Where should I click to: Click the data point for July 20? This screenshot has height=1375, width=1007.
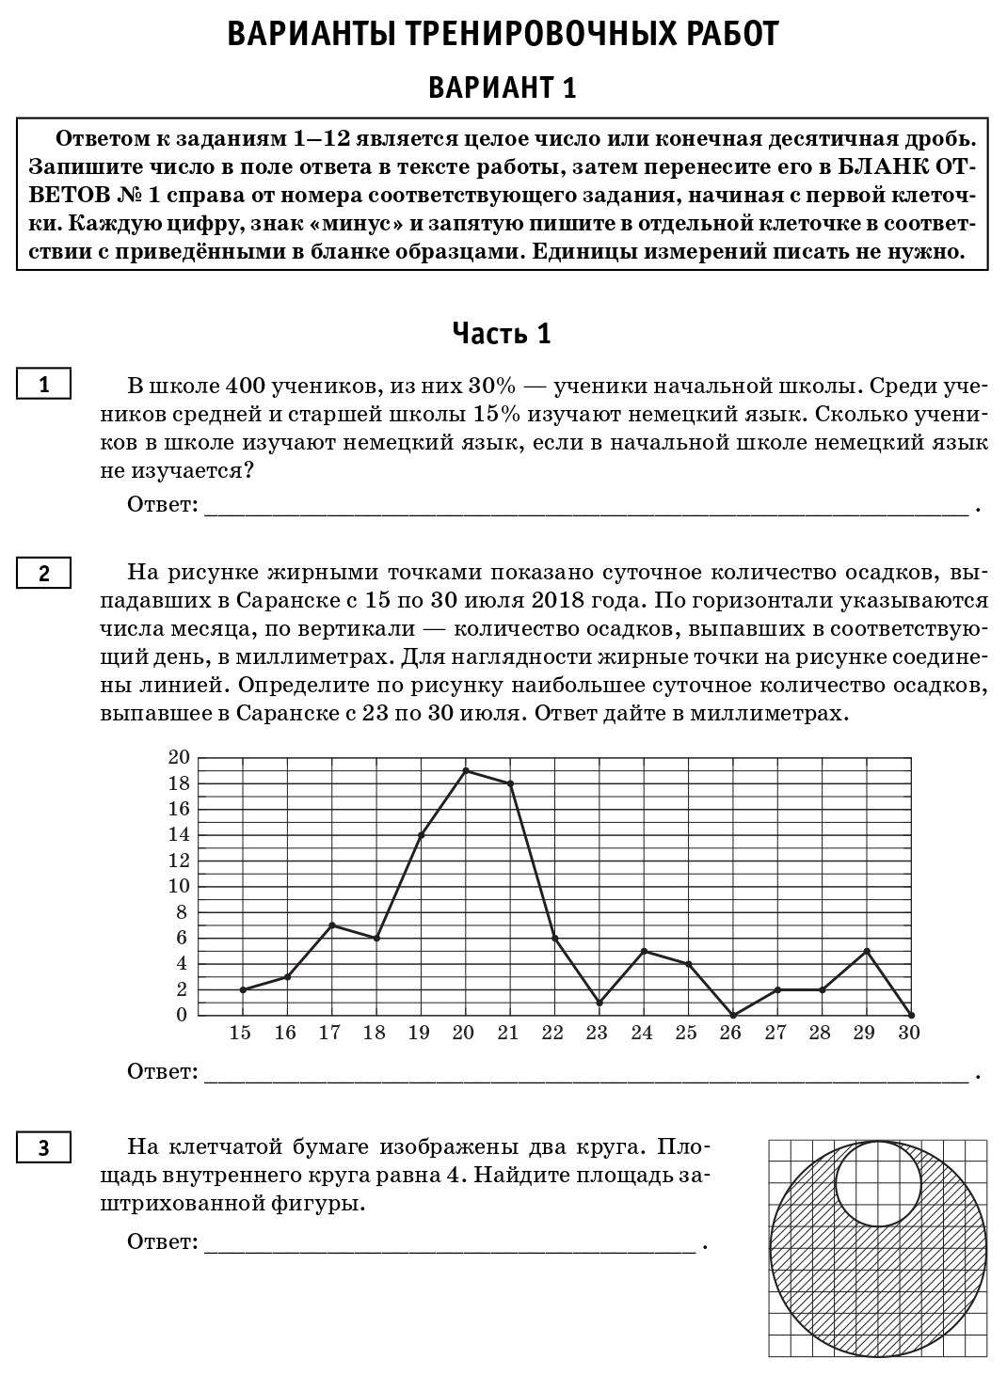pyautogui.click(x=466, y=770)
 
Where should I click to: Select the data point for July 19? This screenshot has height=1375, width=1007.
pyautogui.click(x=421, y=834)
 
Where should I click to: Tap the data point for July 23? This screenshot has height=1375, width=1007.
pyautogui.click(x=599, y=1003)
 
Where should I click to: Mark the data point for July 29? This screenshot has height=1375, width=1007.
pyautogui.click(x=867, y=951)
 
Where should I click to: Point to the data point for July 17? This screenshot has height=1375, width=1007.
pyautogui.click(x=332, y=925)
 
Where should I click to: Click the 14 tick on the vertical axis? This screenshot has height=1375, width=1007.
pyautogui.click(x=179, y=834)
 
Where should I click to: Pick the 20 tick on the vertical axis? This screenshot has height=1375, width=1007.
pyautogui.click(x=179, y=757)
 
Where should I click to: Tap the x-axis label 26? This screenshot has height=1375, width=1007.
pyautogui.click(x=730, y=1033)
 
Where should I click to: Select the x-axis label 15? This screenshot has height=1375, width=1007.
pyautogui.click(x=240, y=1033)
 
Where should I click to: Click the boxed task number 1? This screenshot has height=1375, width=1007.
pyautogui.click(x=43, y=385)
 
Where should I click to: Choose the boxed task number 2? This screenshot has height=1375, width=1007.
pyautogui.click(x=43, y=573)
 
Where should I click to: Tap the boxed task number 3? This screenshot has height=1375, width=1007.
pyautogui.click(x=43, y=1147)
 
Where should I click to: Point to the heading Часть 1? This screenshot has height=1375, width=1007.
pyautogui.click(x=502, y=333)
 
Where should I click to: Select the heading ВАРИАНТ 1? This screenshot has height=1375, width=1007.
pyautogui.click(x=502, y=87)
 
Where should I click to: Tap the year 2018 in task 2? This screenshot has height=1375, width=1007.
pyautogui.click(x=563, y=600)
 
